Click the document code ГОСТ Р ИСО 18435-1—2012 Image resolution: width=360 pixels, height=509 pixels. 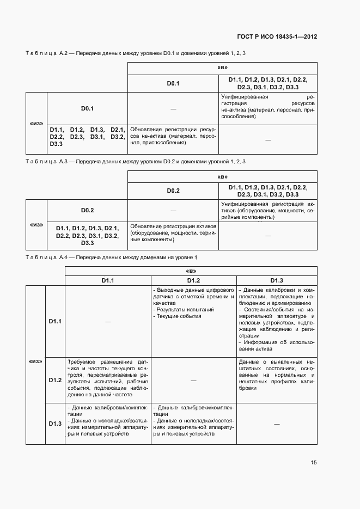(277, 37)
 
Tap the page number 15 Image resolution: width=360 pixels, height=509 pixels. (314, 462)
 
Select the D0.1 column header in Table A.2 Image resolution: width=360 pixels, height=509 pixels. (173, 84)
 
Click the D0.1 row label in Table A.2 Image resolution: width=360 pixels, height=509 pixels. (88, 108)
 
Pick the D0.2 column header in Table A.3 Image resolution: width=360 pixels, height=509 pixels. (173, 191)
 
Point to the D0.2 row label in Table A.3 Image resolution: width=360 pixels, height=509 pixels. (88, 210)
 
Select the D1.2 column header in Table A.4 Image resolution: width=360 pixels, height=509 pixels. (194, 280)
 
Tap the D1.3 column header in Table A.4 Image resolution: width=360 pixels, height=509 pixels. (277, 280)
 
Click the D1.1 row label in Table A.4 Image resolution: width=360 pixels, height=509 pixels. (55, 321)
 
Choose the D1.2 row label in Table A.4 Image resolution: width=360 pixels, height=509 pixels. (55, 380)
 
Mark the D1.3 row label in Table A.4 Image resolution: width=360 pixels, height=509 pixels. (55, 424)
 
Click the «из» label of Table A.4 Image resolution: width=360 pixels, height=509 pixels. (35, 361)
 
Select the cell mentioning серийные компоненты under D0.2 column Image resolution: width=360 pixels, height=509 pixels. (173, 232)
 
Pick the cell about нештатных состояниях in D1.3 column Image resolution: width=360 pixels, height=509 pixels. (277, 375)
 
